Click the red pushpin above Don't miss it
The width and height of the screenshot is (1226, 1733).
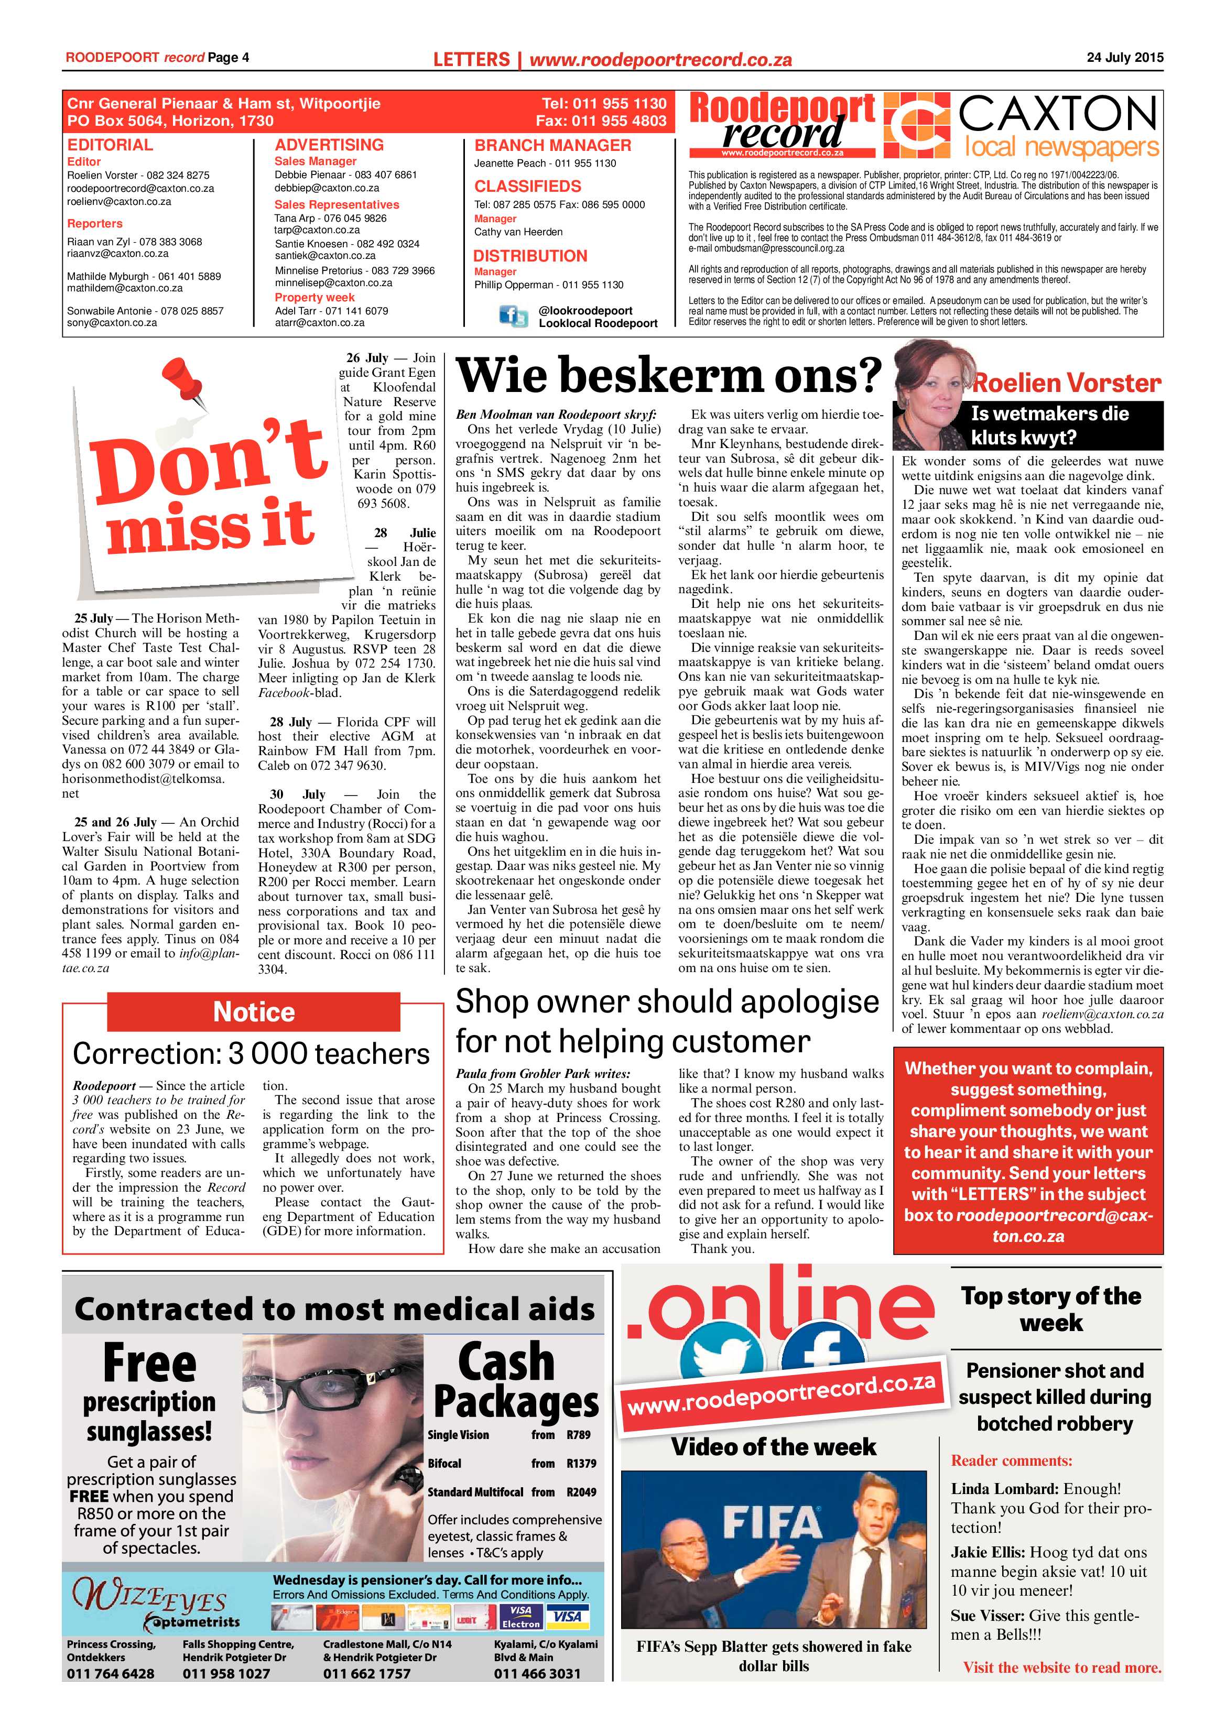click(x=183, y=381)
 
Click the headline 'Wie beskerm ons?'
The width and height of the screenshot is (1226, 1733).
click(x=669, y=375)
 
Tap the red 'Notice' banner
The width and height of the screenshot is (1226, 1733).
click(x=254, y=1011)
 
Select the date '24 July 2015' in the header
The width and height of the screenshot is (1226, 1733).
click(x=1125, y=57)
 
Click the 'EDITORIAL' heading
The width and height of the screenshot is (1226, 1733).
click(x=110, y=145)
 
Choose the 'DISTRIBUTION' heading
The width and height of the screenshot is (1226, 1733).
click(x=530, y=256)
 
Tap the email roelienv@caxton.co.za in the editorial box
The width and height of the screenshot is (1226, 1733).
click(x=120, y=202)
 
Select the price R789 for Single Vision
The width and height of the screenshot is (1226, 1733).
click(x=578, y=1435)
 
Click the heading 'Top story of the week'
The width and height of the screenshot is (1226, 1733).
click(x=1051, y=1310)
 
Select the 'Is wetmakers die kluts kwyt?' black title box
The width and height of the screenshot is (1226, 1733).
click(x=1065, y=426)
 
